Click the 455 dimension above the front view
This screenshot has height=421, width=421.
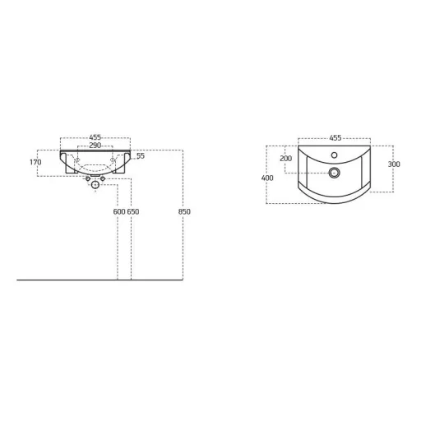tap(95, 137)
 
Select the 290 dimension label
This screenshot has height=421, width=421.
tap(95, 146)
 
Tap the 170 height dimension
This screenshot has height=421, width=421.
tap(35, 162)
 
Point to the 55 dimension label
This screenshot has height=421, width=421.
tap(141, 156)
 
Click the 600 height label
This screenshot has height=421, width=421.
tap(119, 211)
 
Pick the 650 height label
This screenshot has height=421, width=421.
tap(133, 211)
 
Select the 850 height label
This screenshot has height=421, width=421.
tap(184, 211)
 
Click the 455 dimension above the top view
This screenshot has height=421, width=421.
tap(335, 138)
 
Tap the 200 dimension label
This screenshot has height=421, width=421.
tap(286, 159)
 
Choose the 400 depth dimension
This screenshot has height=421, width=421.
tap(267, 178)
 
